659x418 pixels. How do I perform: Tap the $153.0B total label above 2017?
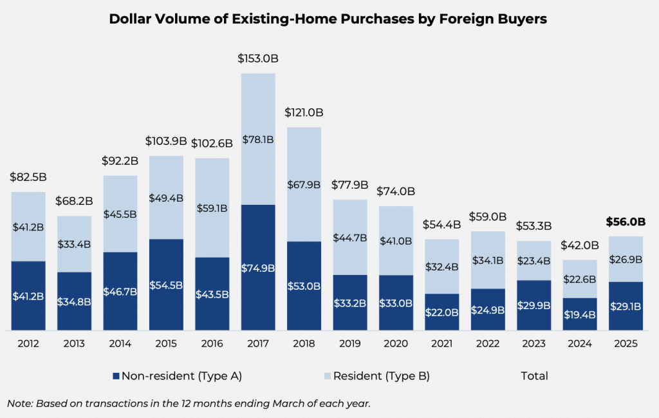(258, 59)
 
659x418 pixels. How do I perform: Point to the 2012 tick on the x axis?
(28, 343)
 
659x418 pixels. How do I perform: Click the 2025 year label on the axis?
(626, 343)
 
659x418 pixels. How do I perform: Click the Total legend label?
(534, 375)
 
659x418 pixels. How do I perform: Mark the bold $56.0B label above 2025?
(626, 222)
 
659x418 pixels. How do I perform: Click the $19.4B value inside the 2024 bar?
(580, 315)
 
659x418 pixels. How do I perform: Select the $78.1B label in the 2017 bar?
(258, 139)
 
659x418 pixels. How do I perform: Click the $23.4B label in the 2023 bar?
(534, 261)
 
